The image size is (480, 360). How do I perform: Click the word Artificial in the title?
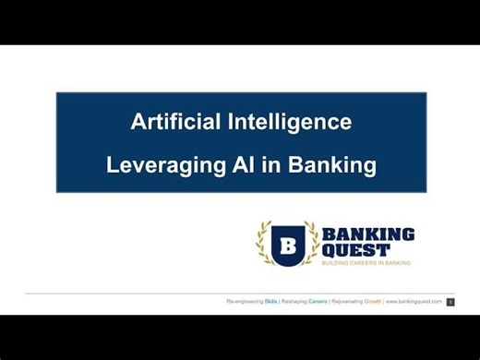pyautogui.click(x=172, y=121)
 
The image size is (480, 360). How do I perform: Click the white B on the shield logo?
pyautogui.click(x=287, y=245)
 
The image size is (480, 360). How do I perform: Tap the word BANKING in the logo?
pyautogui.click(x=367, y=234)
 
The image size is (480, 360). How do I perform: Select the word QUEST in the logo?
pyautogui.click(x=355, y=250)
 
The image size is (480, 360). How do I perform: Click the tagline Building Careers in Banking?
pyautogui.click(x=366, y=263)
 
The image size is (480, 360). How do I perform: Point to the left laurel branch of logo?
pyautogui.click(x=264, y=243)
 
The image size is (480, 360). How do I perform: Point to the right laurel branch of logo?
pyautogui.click(x=311, y=243)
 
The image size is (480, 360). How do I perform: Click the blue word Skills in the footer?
pyautogui.click(x=270, y=301)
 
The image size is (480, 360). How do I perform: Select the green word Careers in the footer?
pyautogui.click(x=318, y=301)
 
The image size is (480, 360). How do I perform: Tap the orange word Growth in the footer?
pyautogui.click(x=372, y=301)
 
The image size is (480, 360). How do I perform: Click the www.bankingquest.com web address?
pyautogui.click(x=414, y=301)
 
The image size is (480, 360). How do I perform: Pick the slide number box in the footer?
pyautogui.click(x=450, y=302)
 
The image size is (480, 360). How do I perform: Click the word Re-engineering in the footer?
pyautogui.click(x=245, y=301)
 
